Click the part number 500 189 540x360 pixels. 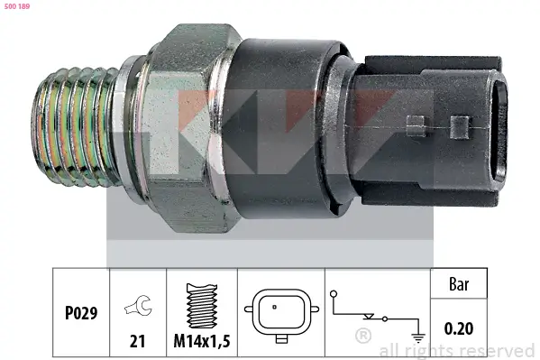pyautogui.click(x=17, y=6)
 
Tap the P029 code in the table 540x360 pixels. pyautogui.click(x=81, y=313)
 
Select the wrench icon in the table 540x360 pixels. pyautogui.click(x=138, y=305)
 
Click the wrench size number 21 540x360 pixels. pyautogui.click(x=137, y=341)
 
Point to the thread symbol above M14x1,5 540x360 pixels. pyautogui.click(x=202, y=306)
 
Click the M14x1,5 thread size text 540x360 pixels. pyautogui.click(x=202, y=341)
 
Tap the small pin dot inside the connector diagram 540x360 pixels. pyautogui.click(x=274, y=307)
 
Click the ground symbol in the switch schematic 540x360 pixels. pyautogui.click(x=418, y=338)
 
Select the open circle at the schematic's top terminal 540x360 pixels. pyautogui.click(x=334, y=294)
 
